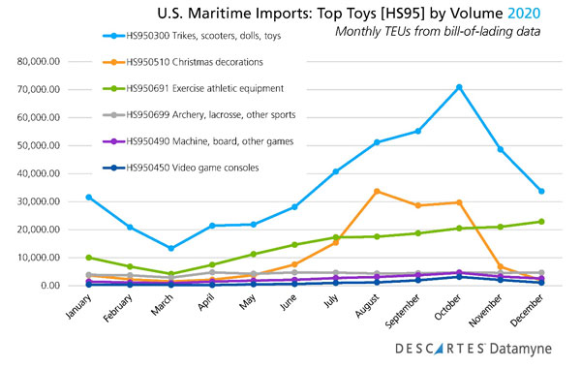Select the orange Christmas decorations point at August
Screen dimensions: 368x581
pyautogui.click(x=376, y=191)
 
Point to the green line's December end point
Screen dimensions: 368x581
pyautogui.click(x=541, y=222)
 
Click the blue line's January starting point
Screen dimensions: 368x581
pyautogui.click(x=88, y=197)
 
